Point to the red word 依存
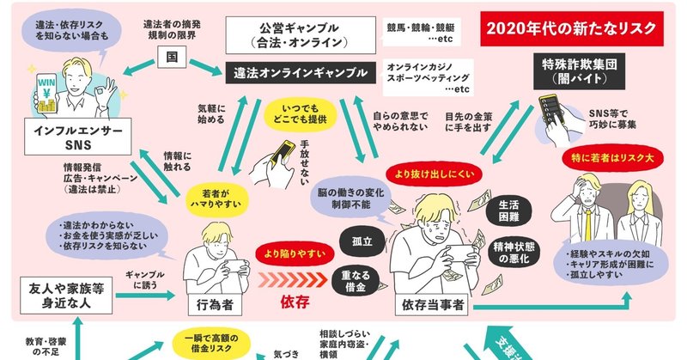click(294, 302)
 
